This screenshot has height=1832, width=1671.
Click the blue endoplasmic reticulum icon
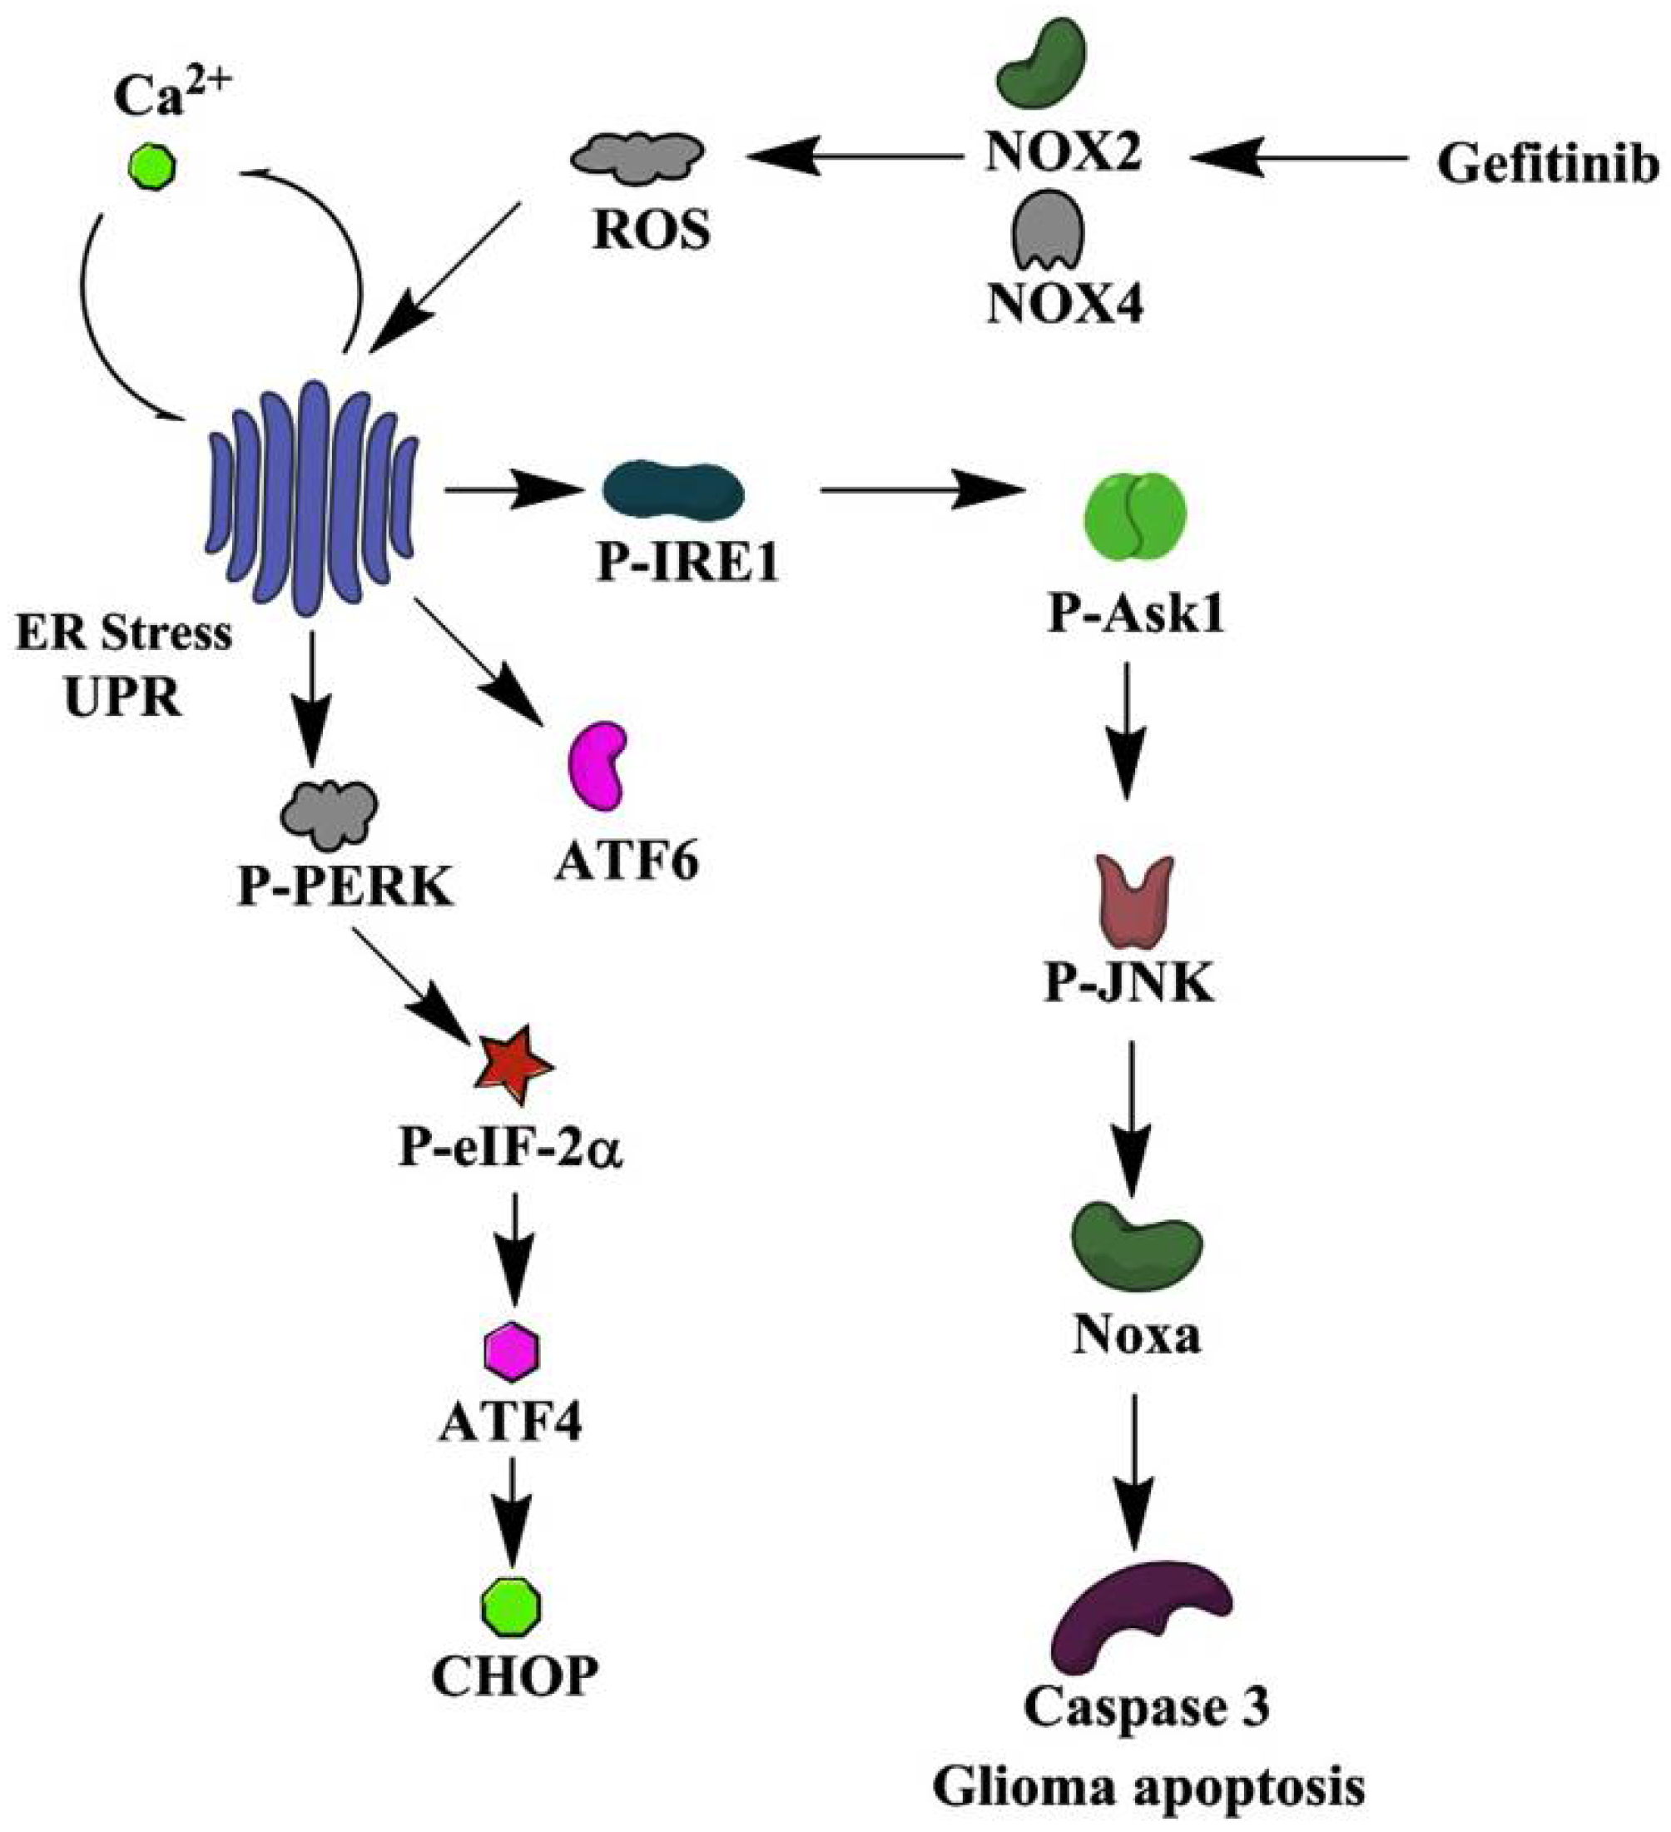[x=314, y=499]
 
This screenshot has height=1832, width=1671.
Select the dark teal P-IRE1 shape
[x=673, y=492]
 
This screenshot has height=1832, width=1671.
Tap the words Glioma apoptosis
[x=1148, y=1786]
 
